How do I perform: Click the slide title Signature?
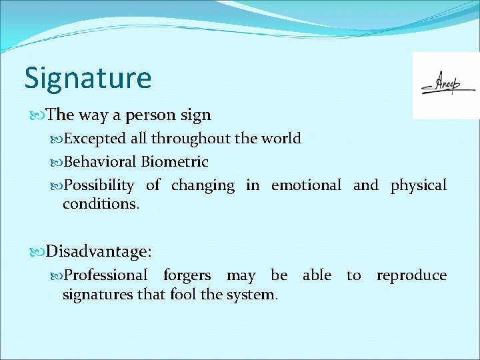[88, 78]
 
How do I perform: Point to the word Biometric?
[175, 162]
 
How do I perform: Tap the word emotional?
[306, 185]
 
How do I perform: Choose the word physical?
[419, 185]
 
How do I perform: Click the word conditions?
[101, 204]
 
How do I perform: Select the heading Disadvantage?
[99, 251]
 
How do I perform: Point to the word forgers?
[187, 275]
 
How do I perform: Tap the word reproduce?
[411, 275]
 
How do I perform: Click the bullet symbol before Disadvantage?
[37, 252]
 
